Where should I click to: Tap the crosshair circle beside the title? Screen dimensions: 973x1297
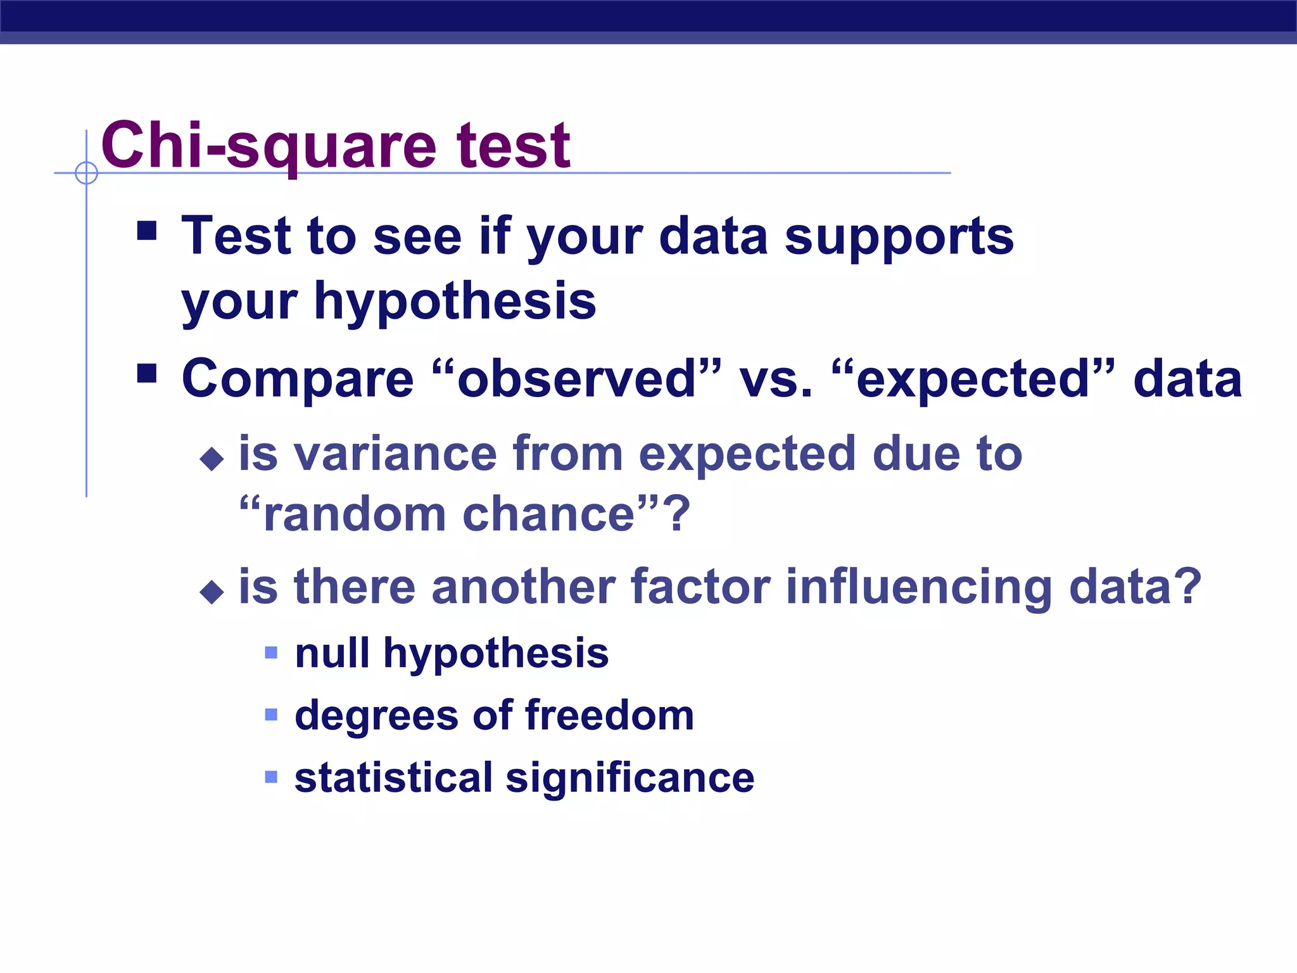point(86,173)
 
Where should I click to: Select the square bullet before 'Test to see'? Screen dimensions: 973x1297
point(147,231)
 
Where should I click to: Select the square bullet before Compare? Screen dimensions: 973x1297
point(147,373)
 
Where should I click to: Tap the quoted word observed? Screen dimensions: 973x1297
point(576,379)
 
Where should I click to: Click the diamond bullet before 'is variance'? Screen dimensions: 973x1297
point(212,459)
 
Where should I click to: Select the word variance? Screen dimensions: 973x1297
point(395,454)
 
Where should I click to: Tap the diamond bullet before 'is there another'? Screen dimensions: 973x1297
point(212,592)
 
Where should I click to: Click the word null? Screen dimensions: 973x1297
point(332,653)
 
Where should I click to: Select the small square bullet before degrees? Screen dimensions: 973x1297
point(271,715)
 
